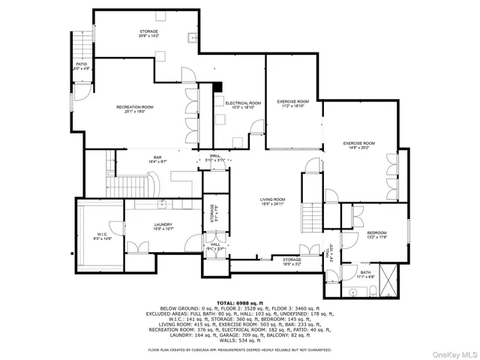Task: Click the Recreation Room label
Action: pyautogui.click(x=135, y=108)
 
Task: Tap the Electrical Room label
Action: pyautogui.click(x=243, y=103)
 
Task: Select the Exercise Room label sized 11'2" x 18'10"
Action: pyautogui.click(x=292, y=101)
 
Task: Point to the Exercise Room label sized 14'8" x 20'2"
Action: pyautogui.click(x=359, y=142)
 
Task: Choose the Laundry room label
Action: pyautogui.click(x=163, y=225)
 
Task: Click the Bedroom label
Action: pyautogui.click(x=376, y=233)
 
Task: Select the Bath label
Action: pyautogui.click(x=365, y=272)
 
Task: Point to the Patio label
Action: pyautogui.click(x=82, y=64)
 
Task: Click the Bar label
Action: pyautogui.click(x=158, y=156)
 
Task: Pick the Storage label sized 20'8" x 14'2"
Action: pyautogui.click(x=148, y=31)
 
